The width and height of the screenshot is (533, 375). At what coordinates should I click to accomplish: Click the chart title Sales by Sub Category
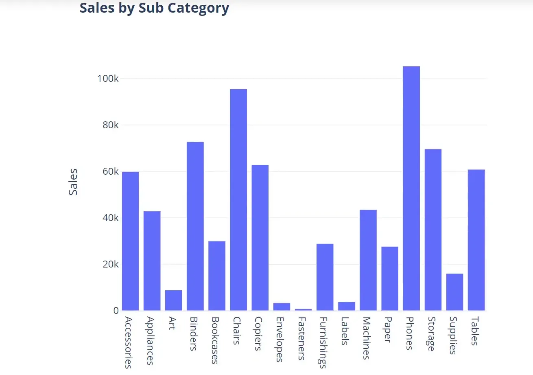(154, 8)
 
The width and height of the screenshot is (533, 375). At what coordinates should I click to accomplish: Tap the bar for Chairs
(238, 200)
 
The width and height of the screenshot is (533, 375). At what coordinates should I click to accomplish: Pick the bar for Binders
(195, 226)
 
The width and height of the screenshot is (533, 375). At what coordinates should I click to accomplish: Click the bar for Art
(174, 300)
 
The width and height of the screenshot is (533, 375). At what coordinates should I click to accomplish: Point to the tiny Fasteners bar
(303, 309)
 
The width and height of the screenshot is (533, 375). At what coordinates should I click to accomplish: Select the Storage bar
(433, 230)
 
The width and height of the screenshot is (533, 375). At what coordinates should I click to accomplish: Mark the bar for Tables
(476, 240)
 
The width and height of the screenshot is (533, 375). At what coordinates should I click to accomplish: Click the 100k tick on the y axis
(108, 79)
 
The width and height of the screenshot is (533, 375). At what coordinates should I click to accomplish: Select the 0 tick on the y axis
(116, 311)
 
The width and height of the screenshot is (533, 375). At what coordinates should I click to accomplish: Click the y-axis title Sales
(73, 182)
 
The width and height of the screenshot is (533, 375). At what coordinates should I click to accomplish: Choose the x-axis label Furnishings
(323, 342)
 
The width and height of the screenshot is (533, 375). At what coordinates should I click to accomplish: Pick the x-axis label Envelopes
(279, 339)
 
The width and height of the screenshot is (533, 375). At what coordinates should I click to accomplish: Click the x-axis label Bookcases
(215, 340)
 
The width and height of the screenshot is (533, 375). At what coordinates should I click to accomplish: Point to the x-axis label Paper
(387, 330)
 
